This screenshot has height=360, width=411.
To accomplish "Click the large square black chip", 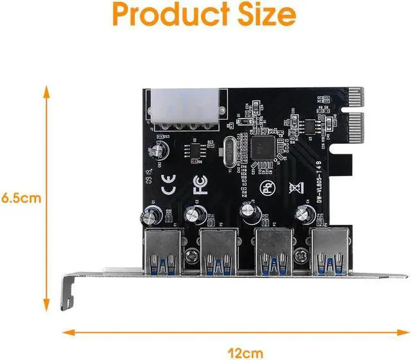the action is [x=265, y=145].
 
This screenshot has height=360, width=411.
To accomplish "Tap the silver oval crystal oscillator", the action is [x=230, y=154].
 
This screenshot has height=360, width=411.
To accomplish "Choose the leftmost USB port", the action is [x=163, y=250].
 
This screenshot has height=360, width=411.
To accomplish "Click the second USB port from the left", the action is [x=218, y=250].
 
